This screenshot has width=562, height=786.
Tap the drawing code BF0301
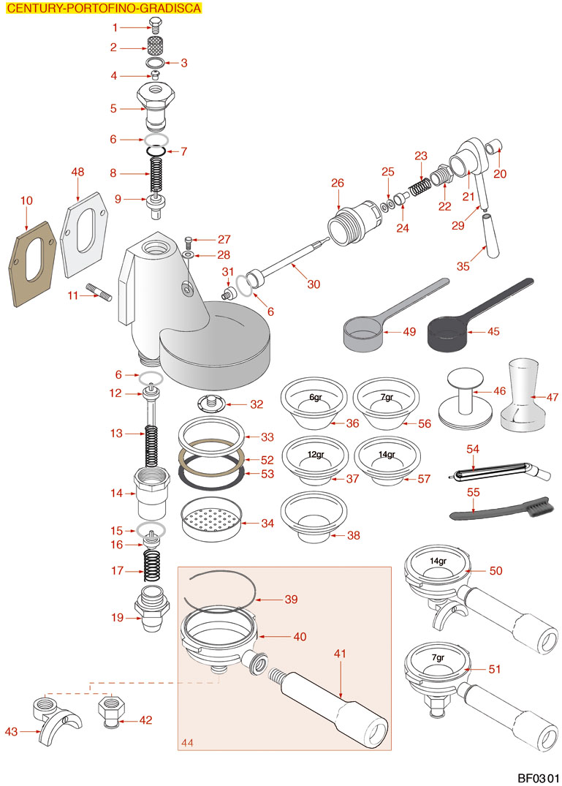[x=538, y=778]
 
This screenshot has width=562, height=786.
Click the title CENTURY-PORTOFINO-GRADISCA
[x=100, y=9]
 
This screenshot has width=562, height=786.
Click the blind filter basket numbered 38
[x=314, y=515]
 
